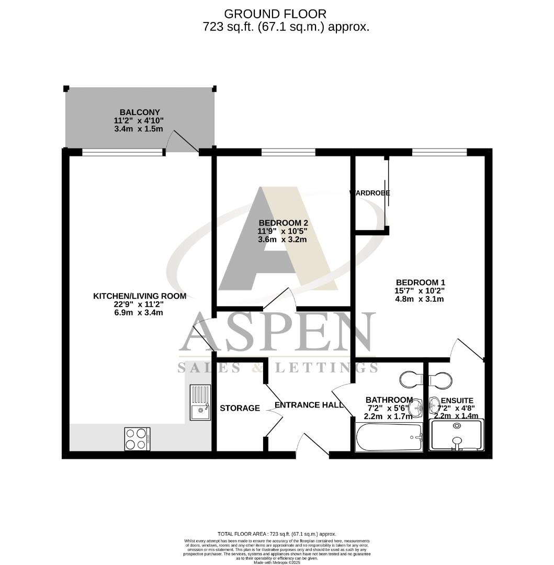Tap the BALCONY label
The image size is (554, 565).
tap(140, 112)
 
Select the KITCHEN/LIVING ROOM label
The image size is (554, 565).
tap(140, 296)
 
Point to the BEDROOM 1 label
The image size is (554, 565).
tap(420, 282)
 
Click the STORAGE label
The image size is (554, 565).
tap(240, 408)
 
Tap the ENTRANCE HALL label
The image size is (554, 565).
tap(309, 405)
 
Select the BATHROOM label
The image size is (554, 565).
tap(389, 400)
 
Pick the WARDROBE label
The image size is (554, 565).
tap(370, 193)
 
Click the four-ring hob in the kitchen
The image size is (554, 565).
tap(137, 439)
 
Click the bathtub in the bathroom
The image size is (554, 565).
tap(389, 437)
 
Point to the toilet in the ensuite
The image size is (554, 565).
tap(441, 378)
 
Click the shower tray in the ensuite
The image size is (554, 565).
tap(456, 435)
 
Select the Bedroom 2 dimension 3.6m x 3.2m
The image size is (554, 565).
tap(282, 240)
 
